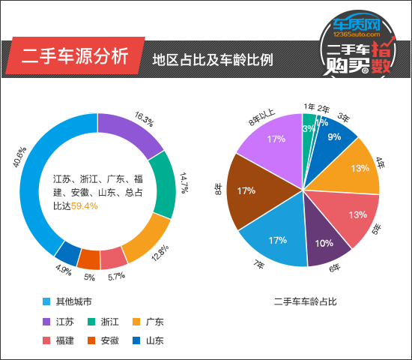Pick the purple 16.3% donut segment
coord(129,132)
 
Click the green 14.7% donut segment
coord(163,184)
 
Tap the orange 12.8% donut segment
coord(145,238)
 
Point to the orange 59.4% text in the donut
coord(84,205)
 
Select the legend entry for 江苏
coord(64,322)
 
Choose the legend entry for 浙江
coord(109,322)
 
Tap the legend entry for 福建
coord(64,341)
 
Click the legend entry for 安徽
coord(109,341)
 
